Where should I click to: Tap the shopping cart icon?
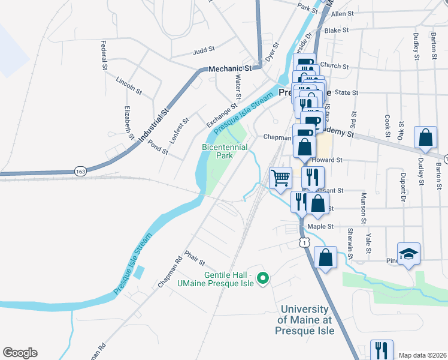click(281, 178)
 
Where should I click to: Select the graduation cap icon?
click(409, 254)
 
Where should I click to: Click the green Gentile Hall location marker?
click(262, 278)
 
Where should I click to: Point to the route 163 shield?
click(80, 172)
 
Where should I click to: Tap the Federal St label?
click(104, 55)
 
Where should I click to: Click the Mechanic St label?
click(229, 70)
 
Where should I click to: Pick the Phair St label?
click(195, 259)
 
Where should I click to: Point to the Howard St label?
click(330, 161)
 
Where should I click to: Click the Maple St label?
click(320, 227)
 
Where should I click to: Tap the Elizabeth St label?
click(129, 122)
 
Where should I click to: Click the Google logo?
click(20, 353)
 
